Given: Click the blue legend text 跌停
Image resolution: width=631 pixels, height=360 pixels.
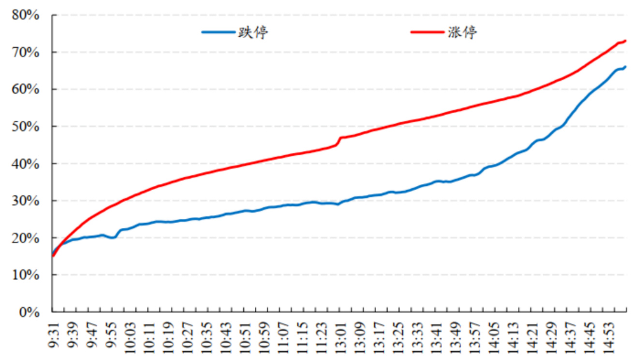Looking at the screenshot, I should (x=252, y=32).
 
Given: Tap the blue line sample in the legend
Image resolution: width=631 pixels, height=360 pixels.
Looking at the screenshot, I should (x=218, y=32).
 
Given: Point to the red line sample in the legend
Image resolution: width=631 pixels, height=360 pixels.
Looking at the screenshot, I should (x=427, y=32).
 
